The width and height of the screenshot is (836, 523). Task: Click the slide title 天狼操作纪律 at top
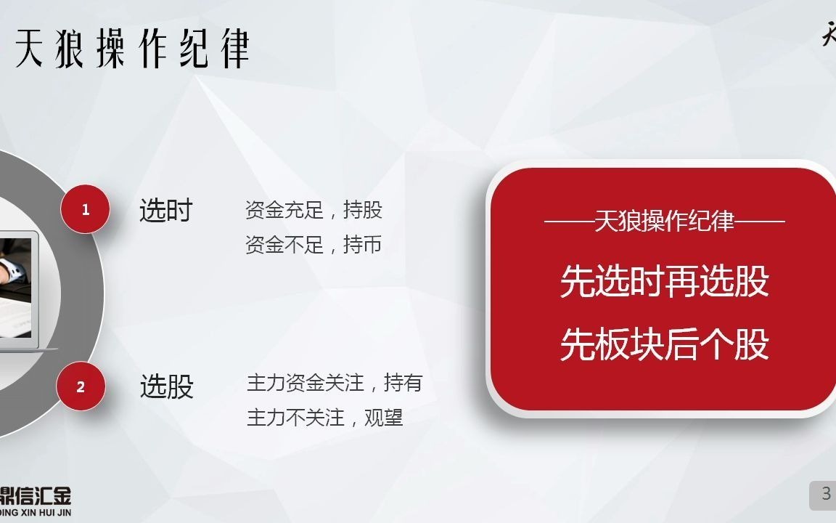tap(132, 48)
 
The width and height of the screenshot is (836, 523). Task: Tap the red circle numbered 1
tap(86, 209)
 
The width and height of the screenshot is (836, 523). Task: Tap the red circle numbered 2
tap(81, 386)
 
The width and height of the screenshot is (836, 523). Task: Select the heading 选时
tap(165, 211)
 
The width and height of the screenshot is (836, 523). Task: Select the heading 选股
tap(166, 386)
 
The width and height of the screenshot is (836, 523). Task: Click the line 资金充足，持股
tap(313, 211)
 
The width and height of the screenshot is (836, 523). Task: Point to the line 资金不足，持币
tap(313, 245)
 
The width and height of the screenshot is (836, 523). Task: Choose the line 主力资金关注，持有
tap(334, 383)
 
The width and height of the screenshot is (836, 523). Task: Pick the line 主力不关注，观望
tap(324, 418)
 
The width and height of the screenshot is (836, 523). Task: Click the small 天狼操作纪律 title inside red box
tap(664, 221)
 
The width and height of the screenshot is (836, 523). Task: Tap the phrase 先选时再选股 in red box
tap(664, 280)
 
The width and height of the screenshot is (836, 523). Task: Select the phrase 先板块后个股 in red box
tap(664, 344)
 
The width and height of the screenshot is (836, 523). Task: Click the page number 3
tap(826, 495)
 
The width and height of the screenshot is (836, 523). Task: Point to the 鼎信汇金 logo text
tap(36, 496)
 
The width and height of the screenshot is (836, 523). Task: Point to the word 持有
tap(403, 383)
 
